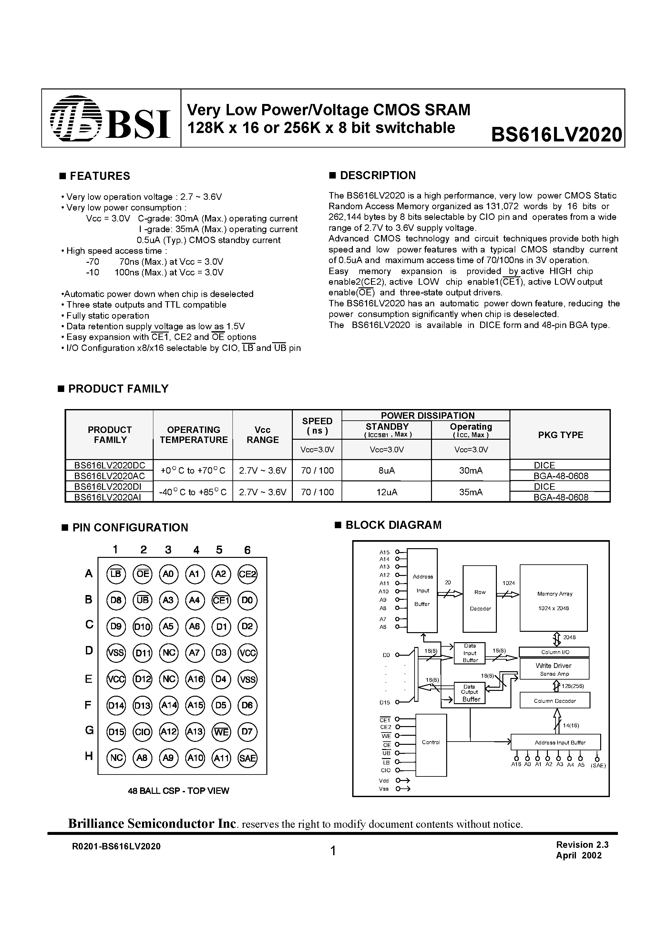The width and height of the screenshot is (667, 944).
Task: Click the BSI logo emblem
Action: (x=76, y=118)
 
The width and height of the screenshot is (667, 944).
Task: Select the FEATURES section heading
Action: (x=99, y=176)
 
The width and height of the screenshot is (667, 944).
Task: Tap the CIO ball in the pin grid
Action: (x=142, y=732)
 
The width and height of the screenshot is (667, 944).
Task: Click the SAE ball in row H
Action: (x=248, y=758)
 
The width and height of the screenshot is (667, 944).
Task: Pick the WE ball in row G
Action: (x=221, y=732)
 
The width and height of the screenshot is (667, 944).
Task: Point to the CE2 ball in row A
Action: (x=248, y=574)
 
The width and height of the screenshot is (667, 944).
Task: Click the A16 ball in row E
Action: (x=195, y=679)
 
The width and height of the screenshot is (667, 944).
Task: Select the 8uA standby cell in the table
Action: (x=386, y=470)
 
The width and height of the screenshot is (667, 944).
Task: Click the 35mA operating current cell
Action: (x=471, y=492)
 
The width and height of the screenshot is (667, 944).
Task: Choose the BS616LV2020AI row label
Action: (x=109, y=497)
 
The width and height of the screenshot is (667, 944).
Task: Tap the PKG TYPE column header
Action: (x=560, y=435)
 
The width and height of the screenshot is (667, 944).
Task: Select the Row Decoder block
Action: (x=480, y=600)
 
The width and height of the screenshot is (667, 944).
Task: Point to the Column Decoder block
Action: (x=555, y=701)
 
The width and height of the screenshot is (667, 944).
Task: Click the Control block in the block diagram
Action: (x=431, y=743)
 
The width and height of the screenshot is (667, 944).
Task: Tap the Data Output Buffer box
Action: (x=470, y=693)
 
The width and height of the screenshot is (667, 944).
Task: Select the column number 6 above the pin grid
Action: (x=247, y=550)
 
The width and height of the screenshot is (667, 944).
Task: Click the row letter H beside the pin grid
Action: (x=89, y=756)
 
